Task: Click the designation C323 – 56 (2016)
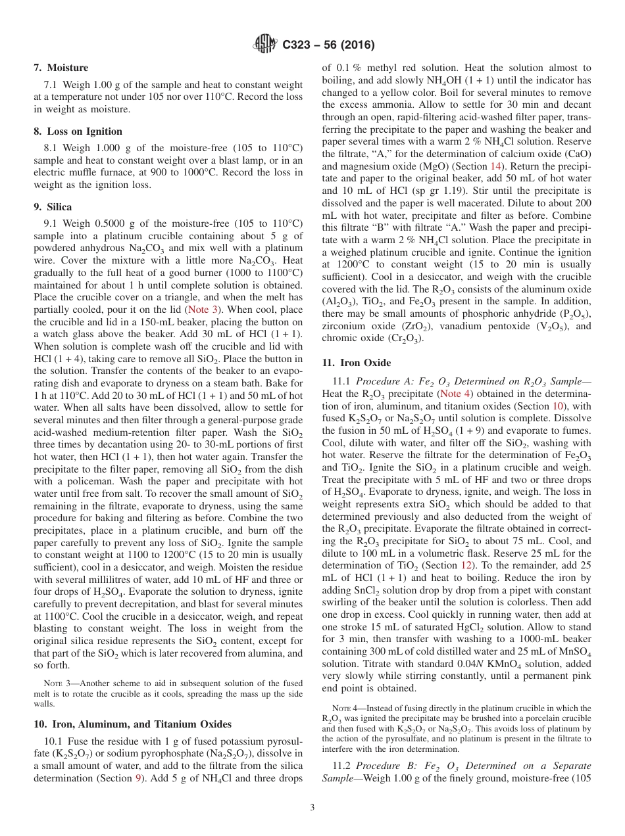(328, 45)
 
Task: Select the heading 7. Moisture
(61, 68)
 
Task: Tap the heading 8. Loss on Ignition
(78, 131)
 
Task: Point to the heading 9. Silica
(53, 206)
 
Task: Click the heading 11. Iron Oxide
(356, 363)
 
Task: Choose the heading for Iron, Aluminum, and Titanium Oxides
(132, 724)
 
